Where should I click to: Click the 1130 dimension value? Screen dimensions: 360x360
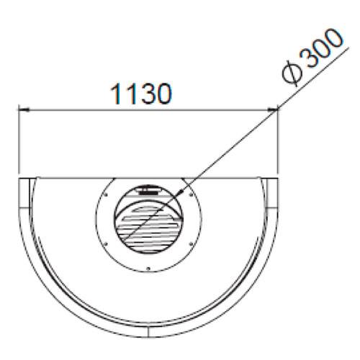tap(141, 94)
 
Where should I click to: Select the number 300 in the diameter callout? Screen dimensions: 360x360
tap(323, 48)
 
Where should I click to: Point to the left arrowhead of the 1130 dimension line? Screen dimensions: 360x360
tap(24, 110)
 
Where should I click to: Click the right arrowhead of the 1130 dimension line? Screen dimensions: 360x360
tap(272, 110)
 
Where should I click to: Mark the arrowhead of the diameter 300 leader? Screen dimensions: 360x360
tap(180, 192)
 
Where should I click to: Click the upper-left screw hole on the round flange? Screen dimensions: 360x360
tap(106, 195)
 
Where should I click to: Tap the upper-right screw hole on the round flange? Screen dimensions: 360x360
tap(191, 195)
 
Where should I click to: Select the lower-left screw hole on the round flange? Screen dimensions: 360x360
tap(106, 244)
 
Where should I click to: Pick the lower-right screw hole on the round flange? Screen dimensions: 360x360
tap(191, 244)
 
